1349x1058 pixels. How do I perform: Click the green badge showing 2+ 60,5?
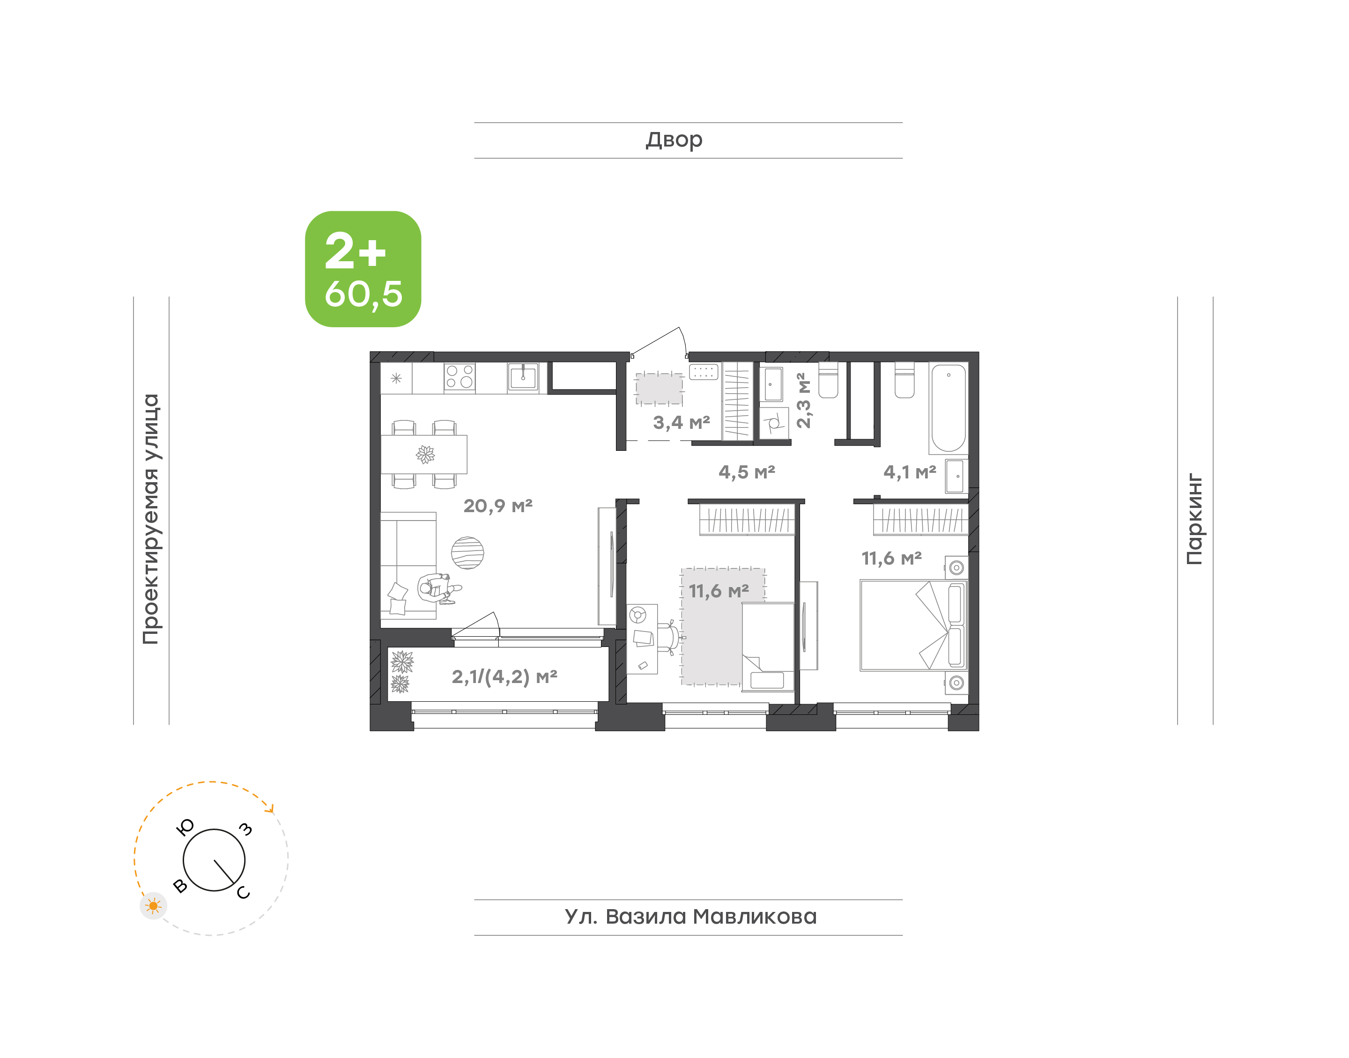tap(363, 269)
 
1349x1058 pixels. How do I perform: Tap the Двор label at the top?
tap(674, 140)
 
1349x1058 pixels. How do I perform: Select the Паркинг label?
tap(1194, 519)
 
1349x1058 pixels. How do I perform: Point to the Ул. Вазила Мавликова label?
tap(690, 916)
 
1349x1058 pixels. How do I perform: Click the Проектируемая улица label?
tap(150, 519)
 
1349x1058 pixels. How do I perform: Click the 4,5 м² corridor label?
tap(747, 472)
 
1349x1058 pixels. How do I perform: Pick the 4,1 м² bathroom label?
tap(910, 472)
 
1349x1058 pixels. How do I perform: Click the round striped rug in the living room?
tap(467, 552)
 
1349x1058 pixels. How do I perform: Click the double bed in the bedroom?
tap(913, 625)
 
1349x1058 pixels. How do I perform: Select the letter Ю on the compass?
tap(185, 827)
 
